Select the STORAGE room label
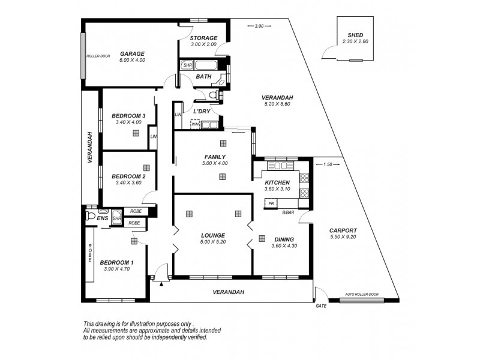[203, 38]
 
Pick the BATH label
[203, 77]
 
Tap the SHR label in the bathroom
[187, 65]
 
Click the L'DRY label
[200, 112]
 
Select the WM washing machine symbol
[195, 124]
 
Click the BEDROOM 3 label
[129, 116]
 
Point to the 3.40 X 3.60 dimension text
[128, 182]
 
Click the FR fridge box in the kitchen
[272, 204]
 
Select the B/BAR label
[288, 212]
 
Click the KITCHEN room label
[277, 182]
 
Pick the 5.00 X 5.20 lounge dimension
[212, 242]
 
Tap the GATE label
[321, 305]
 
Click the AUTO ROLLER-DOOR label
[362, 295]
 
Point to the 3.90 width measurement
[259, 26]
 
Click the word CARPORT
[343, 230]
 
